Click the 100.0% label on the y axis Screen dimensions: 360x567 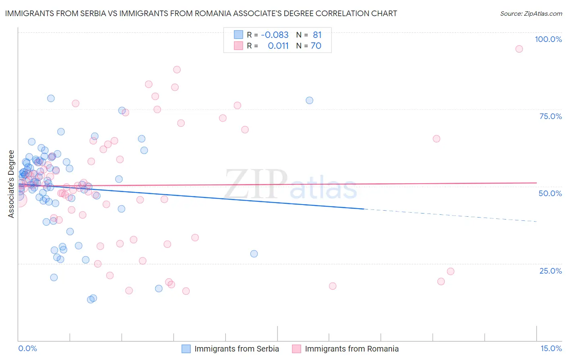[x=548, y=39]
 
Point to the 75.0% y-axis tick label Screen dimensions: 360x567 [x=550, y=116]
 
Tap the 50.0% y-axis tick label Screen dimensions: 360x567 [x=550, y=193]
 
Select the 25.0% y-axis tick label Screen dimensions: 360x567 [x=550, y=270]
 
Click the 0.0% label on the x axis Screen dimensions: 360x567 [x=27, y=348]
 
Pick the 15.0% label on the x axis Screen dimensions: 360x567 [x=551, y=348]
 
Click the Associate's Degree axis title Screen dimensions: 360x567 [x=11, y=184]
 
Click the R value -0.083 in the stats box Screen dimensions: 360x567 [x=275, y=35]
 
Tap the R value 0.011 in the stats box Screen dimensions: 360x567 [x=278, y=46]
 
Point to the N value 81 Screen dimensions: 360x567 [x=317, y=35]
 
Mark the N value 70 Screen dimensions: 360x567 [x=316, y=46]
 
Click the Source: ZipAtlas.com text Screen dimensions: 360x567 [x=531, y=14]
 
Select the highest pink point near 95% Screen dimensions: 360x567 [x=519, y=49]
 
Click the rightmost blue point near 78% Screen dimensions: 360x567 [x=309, y=100]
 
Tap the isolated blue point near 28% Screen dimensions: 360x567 [x=254, y=254]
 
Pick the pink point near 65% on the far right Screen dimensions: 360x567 [x=436, y=139]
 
